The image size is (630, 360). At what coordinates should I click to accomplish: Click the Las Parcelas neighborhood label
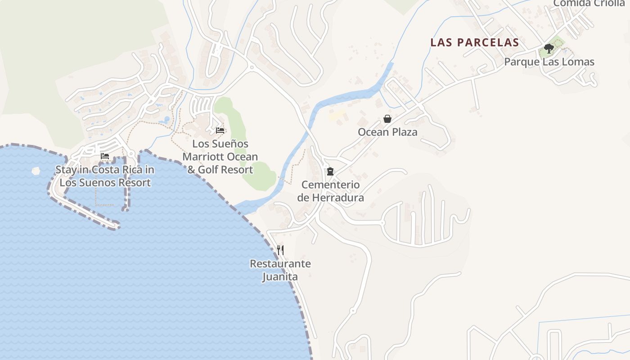pyautogui.click(x=475, y=43)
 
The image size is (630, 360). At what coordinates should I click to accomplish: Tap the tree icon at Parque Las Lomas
pyautogui.click(x=549, y=48)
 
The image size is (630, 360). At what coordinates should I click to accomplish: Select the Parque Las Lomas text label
pyautogui.click(x=549, y=62)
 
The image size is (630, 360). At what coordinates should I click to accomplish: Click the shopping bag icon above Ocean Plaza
pyautogui.click(x=387, y=119)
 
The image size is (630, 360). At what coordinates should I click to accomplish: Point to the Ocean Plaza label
pyautogui.click(x=387, y=132)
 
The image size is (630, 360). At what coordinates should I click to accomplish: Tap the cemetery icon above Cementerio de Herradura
pyautogui.click(x=330, y=171)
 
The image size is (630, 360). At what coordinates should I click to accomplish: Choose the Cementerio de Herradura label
pyautogui.click(x=330, y=191)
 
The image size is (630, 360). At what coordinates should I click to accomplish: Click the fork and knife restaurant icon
pyautogui.click(x=280, y=250)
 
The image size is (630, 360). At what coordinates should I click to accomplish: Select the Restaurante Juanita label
pyautogui.click(x=280, y=270)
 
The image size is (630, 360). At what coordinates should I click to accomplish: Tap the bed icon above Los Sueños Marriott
pyautogui.click(x=220, y=130)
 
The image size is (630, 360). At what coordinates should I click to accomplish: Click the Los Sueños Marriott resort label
pyautogui.click(x=220, y=157)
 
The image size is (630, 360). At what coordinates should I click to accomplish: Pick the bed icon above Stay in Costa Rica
pyautogui.click(x=105, y=156)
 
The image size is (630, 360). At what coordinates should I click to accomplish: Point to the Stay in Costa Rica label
pyautogui.click(x=105, y=176)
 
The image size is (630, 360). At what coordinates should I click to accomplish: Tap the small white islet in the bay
pyautogui.click(x=36, y=171)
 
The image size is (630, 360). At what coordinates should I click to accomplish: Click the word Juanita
pyautogui.click(x=280, y=277)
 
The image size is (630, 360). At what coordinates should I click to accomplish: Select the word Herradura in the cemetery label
pyautogui.click(x=337, y=198)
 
